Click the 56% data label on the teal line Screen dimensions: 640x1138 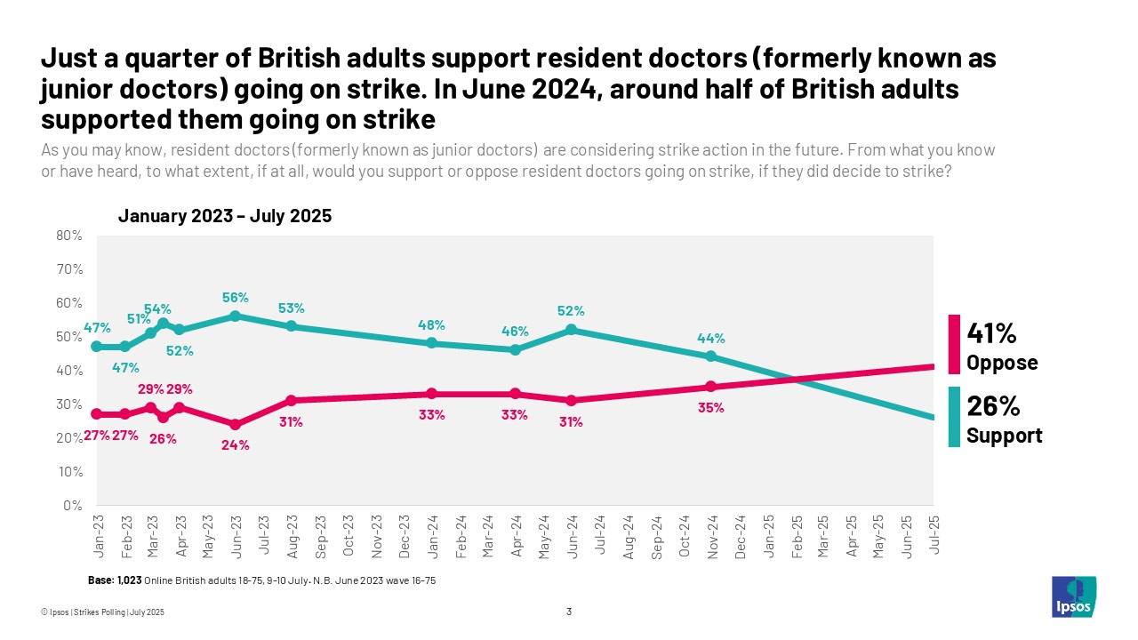click(236, 298)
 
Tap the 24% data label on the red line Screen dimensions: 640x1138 click(236, 445)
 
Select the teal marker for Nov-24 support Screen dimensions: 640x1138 click(710, 356)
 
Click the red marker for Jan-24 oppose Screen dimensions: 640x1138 click(431, 394)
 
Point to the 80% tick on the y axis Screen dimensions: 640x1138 click(69, 236)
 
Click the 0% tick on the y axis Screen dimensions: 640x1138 click(73, 506)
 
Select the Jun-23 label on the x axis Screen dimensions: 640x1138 click(236, 537)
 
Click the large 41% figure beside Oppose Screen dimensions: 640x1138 click(992, 334)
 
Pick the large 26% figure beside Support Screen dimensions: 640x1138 click(992, 406)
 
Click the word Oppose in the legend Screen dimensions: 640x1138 click(1002, 364)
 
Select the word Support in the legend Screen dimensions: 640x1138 click(1004, 436)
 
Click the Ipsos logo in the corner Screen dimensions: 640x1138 click(1074, 596)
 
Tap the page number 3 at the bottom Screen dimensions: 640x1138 click(569, 611)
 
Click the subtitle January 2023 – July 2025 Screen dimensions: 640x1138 click(225, 216)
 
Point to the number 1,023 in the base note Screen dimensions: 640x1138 click(128, 580)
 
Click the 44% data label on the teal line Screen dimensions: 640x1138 click(711, 338)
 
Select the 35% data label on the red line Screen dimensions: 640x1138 click(711, 408)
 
